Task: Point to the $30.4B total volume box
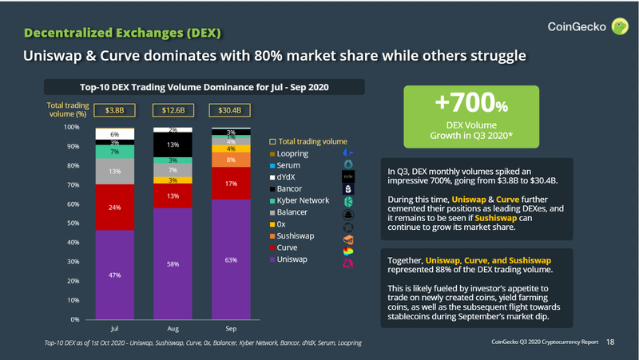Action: click(x=224, y=109)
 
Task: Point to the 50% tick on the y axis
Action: click(x=72, y=224)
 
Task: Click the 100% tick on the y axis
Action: click(x=70, y=128)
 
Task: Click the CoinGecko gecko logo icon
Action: click(x=618, y=27)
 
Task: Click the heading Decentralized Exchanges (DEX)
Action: click(x=122, y=33)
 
